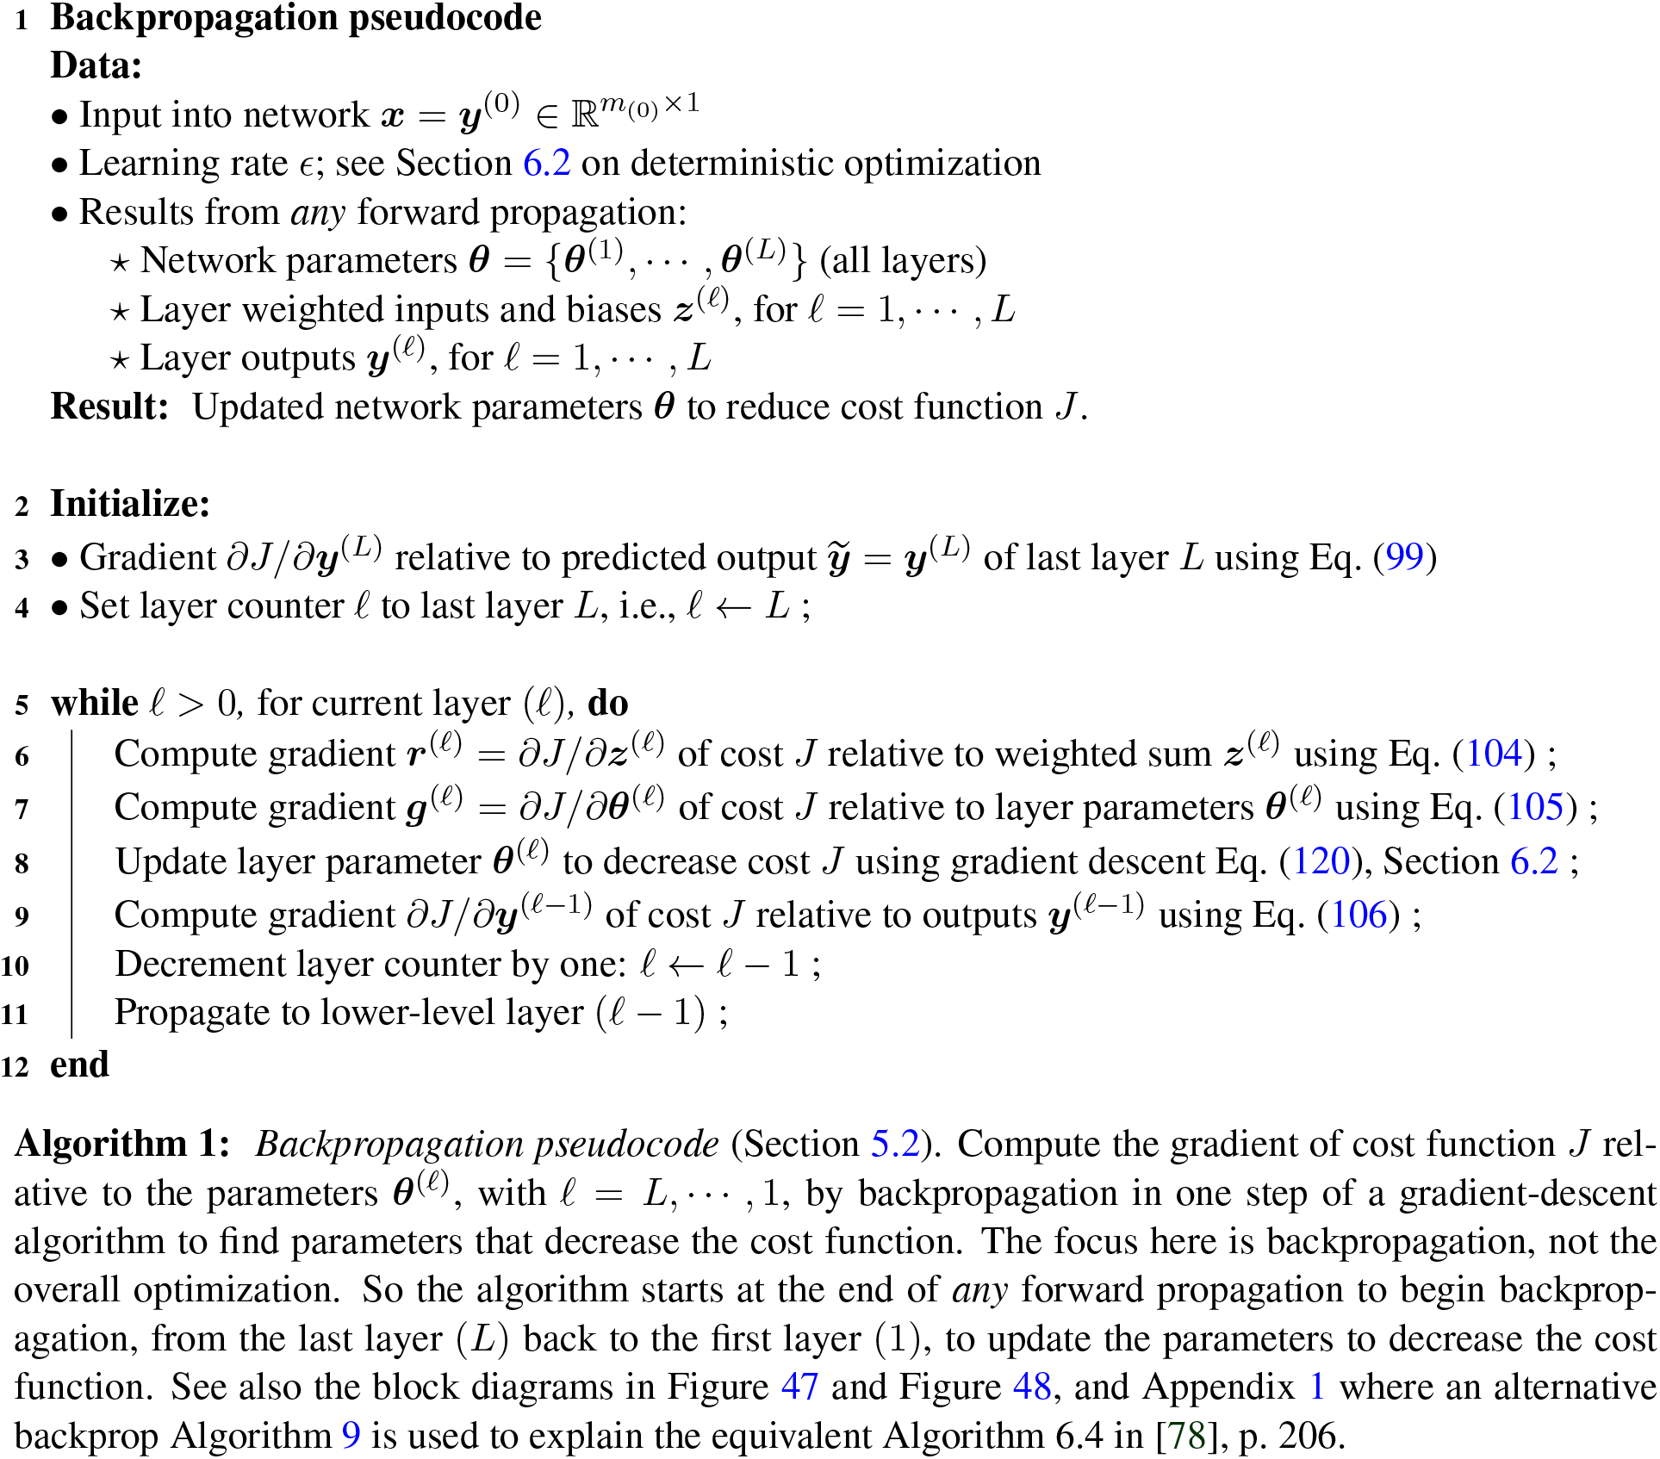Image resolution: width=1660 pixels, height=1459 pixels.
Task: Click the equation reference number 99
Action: [1404, 557]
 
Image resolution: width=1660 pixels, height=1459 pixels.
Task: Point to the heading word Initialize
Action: [129, 504]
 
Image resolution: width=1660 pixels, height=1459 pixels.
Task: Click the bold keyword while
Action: [94, 703]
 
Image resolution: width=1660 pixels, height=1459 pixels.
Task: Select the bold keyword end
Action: [79, 1065]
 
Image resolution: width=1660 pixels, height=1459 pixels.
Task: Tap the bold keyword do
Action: [607, 703]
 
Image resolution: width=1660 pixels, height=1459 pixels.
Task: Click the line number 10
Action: [16, 965]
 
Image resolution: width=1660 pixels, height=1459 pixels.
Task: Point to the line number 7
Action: [22, 809]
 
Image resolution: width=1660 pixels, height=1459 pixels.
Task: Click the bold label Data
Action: [96, 65]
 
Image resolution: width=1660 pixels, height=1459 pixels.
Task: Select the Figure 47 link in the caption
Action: [799, 1387]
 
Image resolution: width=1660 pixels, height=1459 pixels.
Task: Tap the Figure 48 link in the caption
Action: [1031, 1387]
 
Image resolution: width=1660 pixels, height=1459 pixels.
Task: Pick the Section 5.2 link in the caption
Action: [895, 1144]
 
